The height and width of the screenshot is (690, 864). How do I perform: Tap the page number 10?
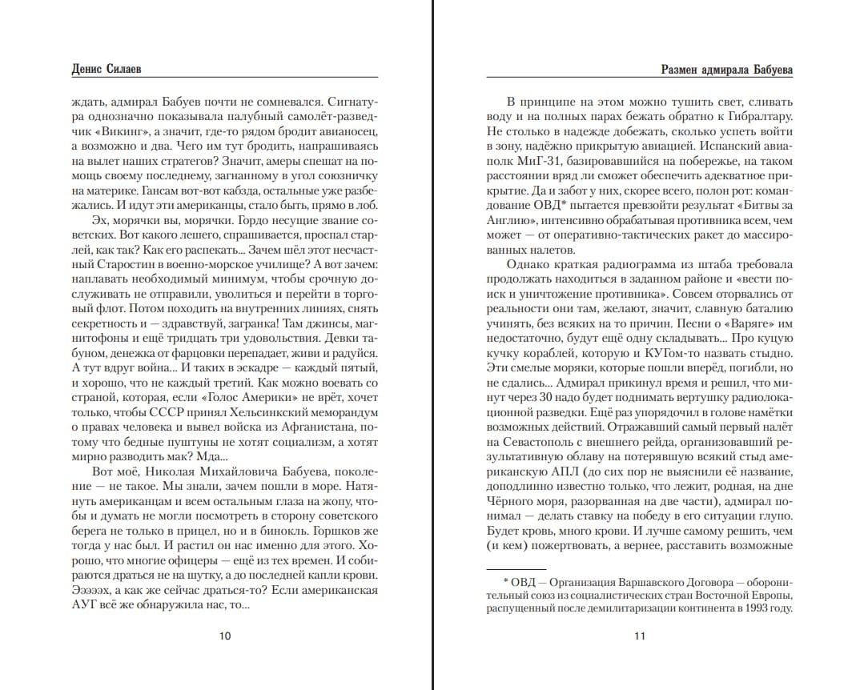click(x=225, y=637)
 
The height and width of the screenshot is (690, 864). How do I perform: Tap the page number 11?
click(x=639, y=637)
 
